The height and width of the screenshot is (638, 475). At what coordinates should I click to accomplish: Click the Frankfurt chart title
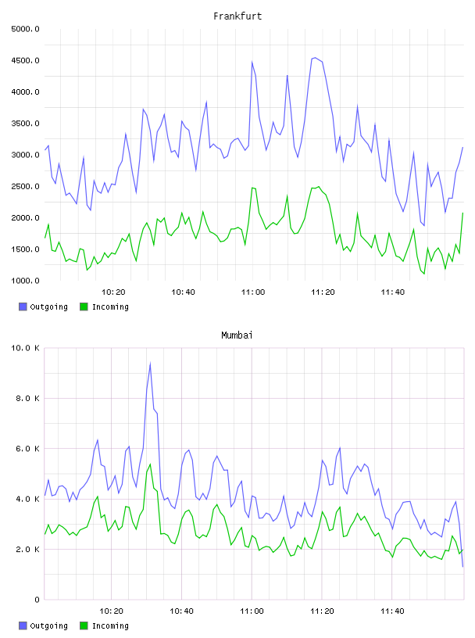[237, 16]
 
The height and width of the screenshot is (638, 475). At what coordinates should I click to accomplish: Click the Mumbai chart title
[237, 335]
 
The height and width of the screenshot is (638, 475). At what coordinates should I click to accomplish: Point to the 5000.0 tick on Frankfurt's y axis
[25, 29]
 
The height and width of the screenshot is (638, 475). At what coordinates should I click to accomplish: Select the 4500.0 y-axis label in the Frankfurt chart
[25, 61]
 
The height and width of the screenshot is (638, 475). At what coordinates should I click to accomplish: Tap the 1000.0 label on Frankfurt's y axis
[25, 281]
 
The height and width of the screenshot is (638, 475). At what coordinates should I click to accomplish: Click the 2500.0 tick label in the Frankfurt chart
[25, 186]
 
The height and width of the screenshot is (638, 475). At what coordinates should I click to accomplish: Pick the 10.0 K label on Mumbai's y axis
[25, 348]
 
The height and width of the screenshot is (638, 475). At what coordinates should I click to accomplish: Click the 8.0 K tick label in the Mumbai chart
[27, 398]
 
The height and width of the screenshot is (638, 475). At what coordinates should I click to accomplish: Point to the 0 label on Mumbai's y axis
[37, 600]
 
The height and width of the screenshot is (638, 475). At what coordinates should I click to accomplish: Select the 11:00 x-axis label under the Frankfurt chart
[253, 292]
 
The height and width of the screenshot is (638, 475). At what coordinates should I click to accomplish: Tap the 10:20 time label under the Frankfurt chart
[113, 292]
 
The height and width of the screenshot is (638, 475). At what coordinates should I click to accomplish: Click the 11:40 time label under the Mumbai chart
[392, 611]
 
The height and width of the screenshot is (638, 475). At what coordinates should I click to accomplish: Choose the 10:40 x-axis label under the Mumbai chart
[181, 611]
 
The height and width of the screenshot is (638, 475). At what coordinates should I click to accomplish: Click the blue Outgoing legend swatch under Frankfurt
[23, 306]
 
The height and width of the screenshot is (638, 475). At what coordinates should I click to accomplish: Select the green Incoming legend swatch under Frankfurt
[84, 306]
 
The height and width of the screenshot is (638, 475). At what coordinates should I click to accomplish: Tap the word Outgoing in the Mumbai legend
[48, 625]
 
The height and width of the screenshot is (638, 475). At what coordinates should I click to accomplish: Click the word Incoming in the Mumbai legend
[110, 625]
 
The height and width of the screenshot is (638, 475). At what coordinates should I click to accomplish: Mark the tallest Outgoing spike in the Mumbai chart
[150, 364]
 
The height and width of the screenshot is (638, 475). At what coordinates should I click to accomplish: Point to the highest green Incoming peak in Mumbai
[150, 464]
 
